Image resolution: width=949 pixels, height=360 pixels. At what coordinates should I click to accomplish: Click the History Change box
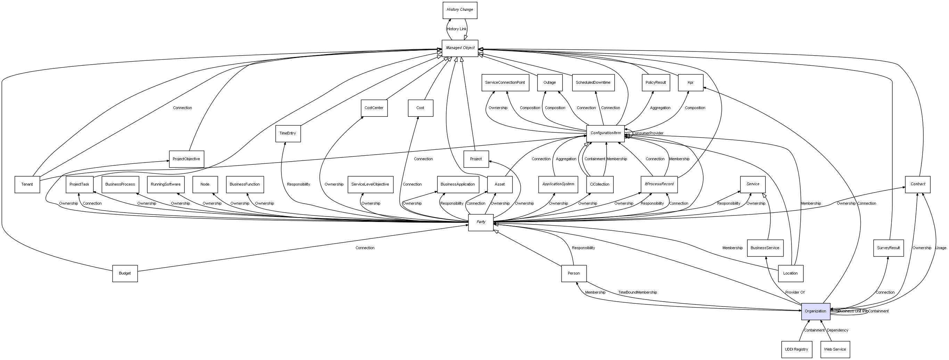(x=459, y=10)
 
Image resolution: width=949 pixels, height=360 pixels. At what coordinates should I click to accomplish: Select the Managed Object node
(x=460, y=48)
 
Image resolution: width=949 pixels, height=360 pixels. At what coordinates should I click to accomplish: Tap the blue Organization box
(x=815, y=311)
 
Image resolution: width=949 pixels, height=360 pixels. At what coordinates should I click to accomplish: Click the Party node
(x=481, y=222)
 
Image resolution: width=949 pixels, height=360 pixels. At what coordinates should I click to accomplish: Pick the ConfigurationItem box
(x=605, y=133)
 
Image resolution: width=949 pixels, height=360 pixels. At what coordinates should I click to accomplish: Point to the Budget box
(x=125, y=273)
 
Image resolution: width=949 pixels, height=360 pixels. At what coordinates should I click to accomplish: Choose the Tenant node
(x=27, y=184)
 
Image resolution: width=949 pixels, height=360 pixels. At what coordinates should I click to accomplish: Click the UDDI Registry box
(x=796, y=349)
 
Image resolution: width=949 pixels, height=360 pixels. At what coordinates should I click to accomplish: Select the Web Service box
(x=835, y=349)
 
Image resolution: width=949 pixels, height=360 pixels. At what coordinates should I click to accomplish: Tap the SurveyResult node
(x=888, y=248)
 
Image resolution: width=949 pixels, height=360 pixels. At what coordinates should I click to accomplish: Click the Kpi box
(x=690, y=83)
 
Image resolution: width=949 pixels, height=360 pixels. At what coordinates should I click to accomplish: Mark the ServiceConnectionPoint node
(x=505, y=83)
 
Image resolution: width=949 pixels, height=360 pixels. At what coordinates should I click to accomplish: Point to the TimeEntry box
(x=288, y=133)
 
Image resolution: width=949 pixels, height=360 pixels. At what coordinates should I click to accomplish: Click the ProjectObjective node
(x=186, y=159)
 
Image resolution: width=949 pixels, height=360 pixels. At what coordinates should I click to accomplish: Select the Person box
(x=574, y=273)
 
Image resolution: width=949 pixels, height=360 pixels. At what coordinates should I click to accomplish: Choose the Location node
(x=790, y=273)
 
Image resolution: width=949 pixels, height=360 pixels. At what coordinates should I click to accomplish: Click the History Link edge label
(x=457, y=29)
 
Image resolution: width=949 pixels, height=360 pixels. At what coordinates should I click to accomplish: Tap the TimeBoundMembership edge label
(x=637, y=293)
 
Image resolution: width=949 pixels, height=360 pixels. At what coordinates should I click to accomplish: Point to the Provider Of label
(x=795, y=293)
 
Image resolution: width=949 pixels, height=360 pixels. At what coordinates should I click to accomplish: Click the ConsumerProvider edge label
(x=648, y=133)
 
